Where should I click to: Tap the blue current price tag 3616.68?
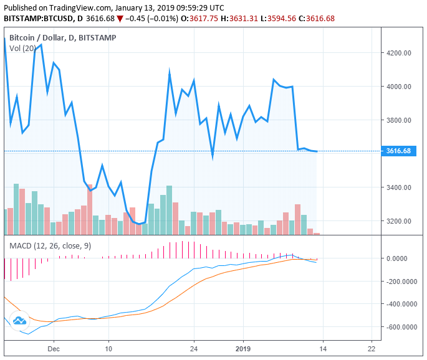(398, 151)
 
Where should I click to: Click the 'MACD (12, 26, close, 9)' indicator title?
(50, 246)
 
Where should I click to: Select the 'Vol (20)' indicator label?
(22, 49)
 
